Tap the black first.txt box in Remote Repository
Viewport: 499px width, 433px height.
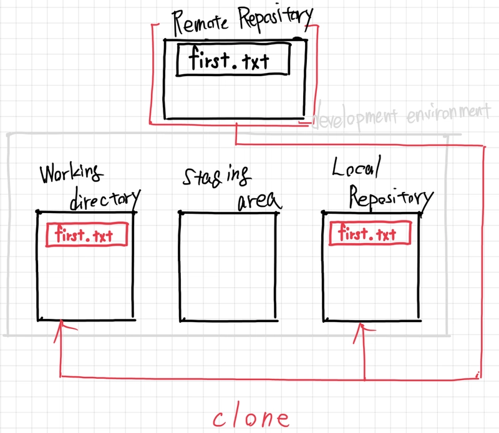[x=234, y=60]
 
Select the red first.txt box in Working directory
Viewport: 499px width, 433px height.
[x=88, y=235]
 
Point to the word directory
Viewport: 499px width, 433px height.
[x=104, y=199]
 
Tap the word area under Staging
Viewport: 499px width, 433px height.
[x=258, y=201]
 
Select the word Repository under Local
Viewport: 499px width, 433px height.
[x=389, y=197]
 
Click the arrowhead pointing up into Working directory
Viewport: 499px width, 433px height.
[x=59, y=326]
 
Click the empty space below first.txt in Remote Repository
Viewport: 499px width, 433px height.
[x=234, y=97]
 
